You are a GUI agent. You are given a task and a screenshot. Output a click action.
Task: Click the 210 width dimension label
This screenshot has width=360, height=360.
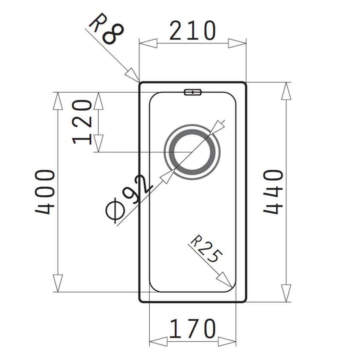[192, 31]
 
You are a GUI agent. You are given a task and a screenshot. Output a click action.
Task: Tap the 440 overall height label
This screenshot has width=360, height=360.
[273, 192]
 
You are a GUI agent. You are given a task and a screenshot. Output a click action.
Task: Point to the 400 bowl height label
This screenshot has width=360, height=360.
[45, 192]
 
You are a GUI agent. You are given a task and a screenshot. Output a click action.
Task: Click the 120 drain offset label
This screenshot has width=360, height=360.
[82, 122]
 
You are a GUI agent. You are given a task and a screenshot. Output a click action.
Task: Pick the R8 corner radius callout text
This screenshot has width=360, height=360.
[106, 30]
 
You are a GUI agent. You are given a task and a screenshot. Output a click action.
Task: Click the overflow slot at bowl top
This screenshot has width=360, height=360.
[192, 92]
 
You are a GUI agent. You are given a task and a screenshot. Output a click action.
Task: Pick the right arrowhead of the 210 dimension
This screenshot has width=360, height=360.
[237, 43]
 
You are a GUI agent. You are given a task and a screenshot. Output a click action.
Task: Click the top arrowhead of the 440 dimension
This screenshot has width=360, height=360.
[286, 91]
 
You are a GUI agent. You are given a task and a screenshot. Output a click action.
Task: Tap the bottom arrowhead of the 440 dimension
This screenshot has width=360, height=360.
[286, 292]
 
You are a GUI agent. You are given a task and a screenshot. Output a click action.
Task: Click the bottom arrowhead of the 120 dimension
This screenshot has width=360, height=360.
[98, 143]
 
